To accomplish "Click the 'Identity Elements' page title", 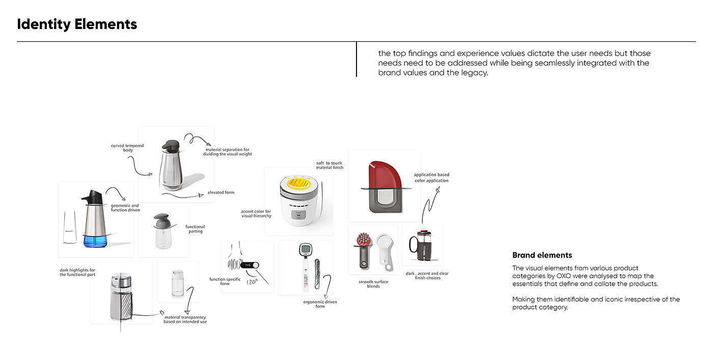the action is [x=77, y=24].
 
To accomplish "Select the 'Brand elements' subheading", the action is [x=542, y=255].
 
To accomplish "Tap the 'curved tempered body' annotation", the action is [x=127, y=148].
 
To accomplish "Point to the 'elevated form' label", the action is [x=221, y=192].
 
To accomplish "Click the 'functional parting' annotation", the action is [x=195, y=229].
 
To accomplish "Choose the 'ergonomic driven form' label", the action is [x=320, y=304].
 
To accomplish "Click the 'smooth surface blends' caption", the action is [x=373, y=284].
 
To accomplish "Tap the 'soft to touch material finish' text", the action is [x=330, y=165].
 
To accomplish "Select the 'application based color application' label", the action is [x=431, y=177].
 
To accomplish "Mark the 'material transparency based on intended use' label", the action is [x=185, y=319].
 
